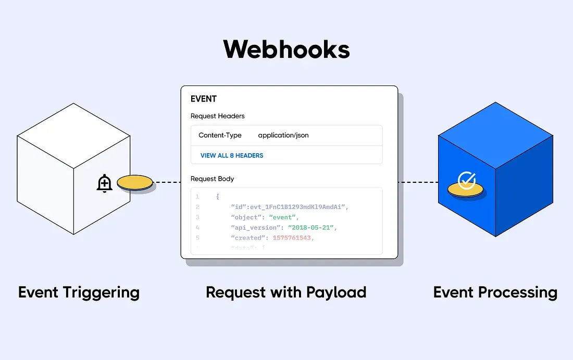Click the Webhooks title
pos(286,49)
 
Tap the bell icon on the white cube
pos(105,183)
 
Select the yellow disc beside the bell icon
pos(135,182)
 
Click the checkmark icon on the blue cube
pos(466,181)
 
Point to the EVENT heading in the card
pos(204,99)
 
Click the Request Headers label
pos(217,116)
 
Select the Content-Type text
pos(220,135)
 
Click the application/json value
pos(283,135)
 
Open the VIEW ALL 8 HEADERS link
pos(232,155)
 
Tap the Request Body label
pos(212,179)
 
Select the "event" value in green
pos(284,217)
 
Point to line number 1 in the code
pos(197,197)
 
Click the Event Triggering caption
pos(79,292)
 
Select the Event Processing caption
pos(495,292)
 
